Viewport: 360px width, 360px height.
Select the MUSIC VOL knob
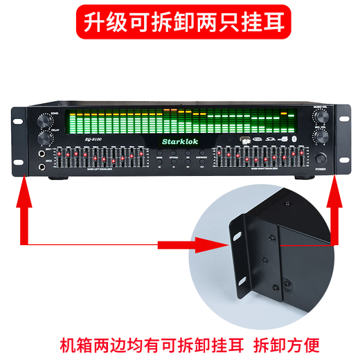point(322,118)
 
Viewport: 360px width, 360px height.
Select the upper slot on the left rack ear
point(17,118)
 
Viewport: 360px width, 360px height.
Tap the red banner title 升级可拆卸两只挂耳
point(179,22)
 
